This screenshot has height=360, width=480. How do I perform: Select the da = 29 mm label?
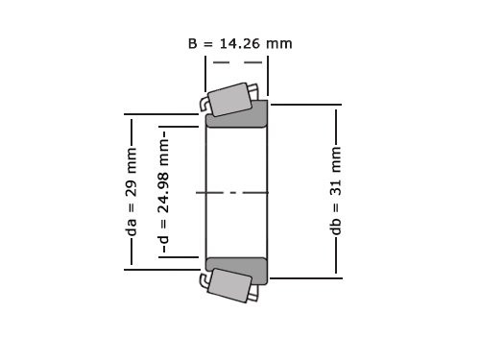(x=132, y=192)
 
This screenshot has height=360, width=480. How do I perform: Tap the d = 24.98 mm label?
(x=164, y=192)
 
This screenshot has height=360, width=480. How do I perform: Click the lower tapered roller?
(x=230, y=285)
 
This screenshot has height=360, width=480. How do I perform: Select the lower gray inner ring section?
(x=237, y=270)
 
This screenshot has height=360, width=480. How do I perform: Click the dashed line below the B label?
(x=237, y=62)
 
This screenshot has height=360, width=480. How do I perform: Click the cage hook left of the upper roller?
(x=204, y=103)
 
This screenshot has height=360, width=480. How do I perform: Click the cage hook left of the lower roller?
(x=204, y=280)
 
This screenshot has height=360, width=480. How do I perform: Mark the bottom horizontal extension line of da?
(x=163, y=270)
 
